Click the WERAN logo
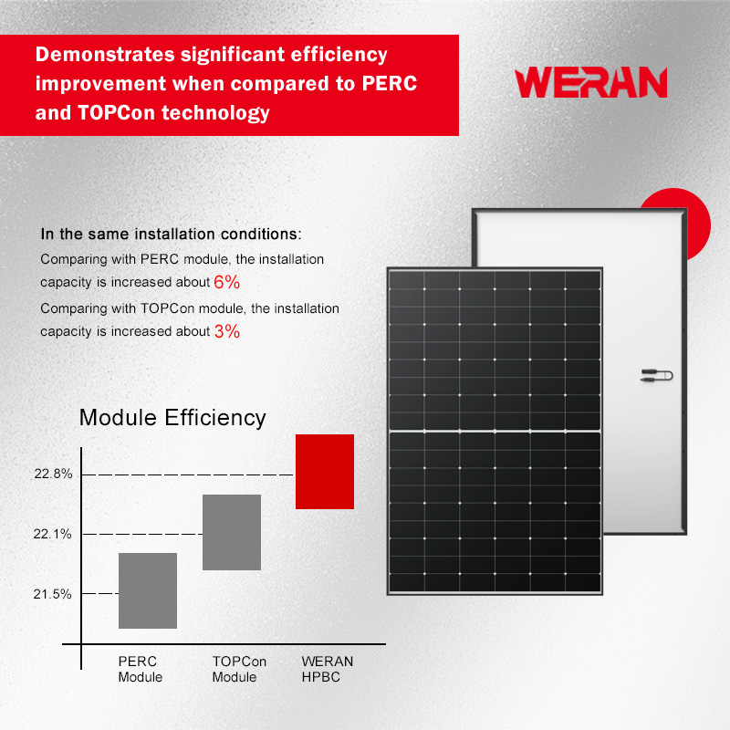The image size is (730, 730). tap(590, 82)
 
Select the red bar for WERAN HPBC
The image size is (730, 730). tap(324, 471)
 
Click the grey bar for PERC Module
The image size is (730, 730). tap(148, 590)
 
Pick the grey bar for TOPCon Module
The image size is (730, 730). tap(232, 532)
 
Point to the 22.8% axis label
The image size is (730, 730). tap(52, 474)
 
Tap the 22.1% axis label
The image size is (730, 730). tap(52, 534)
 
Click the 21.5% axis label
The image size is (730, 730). tap(52, 594)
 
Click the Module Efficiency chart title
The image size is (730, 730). tap(172, 418)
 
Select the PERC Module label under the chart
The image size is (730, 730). tap(140, 669)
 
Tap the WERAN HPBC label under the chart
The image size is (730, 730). tap(327, 669)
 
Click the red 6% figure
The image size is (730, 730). tap(226, 282)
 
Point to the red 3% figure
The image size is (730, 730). tap(227, 331)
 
